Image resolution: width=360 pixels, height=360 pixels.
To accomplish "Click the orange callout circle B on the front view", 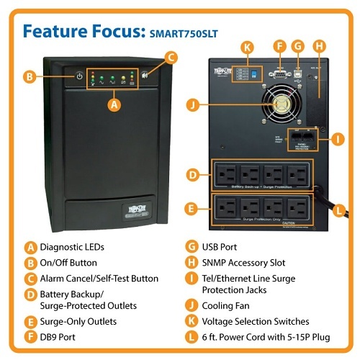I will point(30,76).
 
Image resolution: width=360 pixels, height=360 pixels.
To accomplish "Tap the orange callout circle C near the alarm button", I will point(171,56).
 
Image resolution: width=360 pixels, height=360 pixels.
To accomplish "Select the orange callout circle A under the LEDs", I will point(112,103).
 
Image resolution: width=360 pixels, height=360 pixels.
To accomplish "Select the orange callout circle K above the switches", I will point(248,48).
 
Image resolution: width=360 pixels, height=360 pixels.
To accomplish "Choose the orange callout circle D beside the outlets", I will point(192,175).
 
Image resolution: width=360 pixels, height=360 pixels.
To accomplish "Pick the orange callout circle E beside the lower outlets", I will point(192,211).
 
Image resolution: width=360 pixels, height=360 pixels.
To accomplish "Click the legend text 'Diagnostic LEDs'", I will point(73,246).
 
